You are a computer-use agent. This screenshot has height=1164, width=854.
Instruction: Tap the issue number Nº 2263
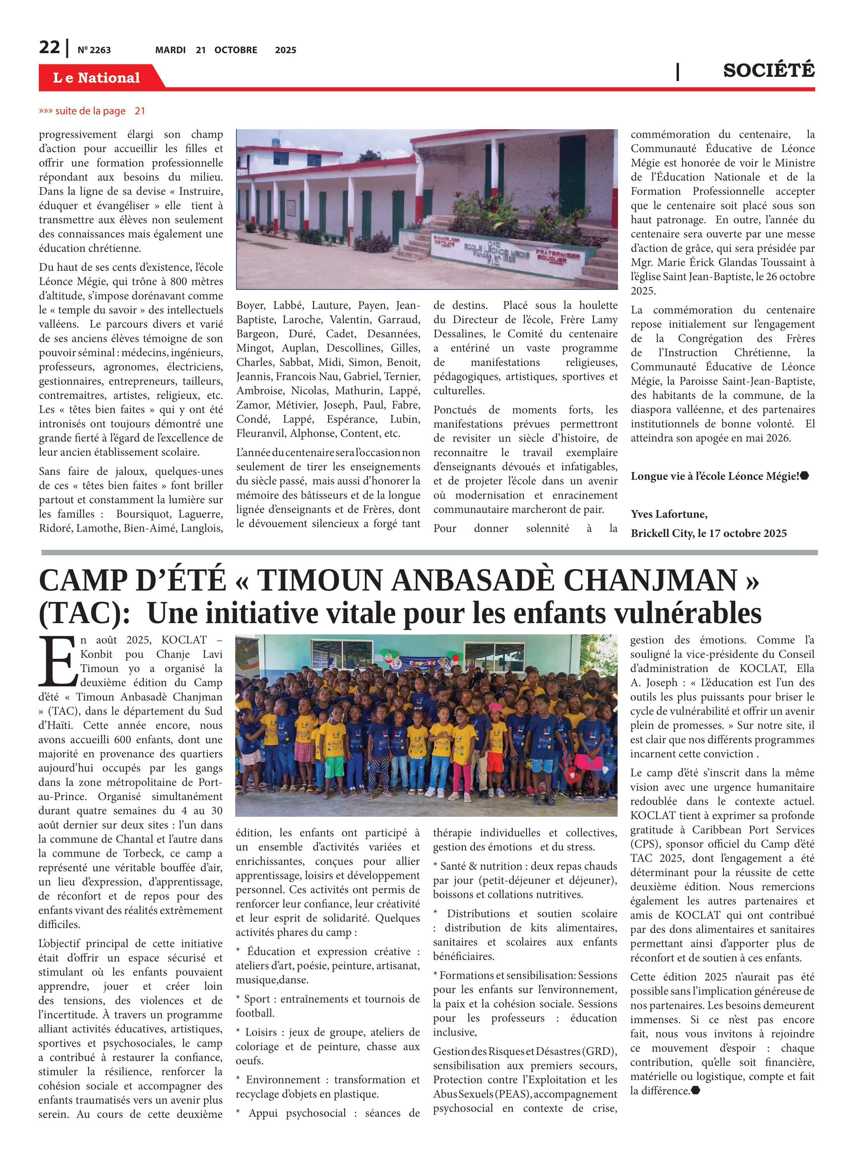[94, 50]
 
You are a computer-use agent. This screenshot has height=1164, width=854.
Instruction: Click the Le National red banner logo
[97, 78]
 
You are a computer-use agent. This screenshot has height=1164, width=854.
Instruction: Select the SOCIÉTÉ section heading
[768, 70]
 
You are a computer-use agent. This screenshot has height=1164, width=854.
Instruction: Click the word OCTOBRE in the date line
[236, 50]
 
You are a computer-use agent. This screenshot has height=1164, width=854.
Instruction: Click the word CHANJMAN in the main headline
[650, 580]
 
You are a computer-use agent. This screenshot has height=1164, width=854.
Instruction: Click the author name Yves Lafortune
[669, 514]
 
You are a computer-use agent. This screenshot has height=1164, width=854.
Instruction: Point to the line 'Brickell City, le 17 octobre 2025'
[708, 533]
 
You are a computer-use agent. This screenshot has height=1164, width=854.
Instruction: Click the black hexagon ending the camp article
[696, 1091]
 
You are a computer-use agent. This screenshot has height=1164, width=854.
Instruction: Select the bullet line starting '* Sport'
[327, 999]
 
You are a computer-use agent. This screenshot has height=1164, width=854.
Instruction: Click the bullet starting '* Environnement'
[327, 1080]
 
